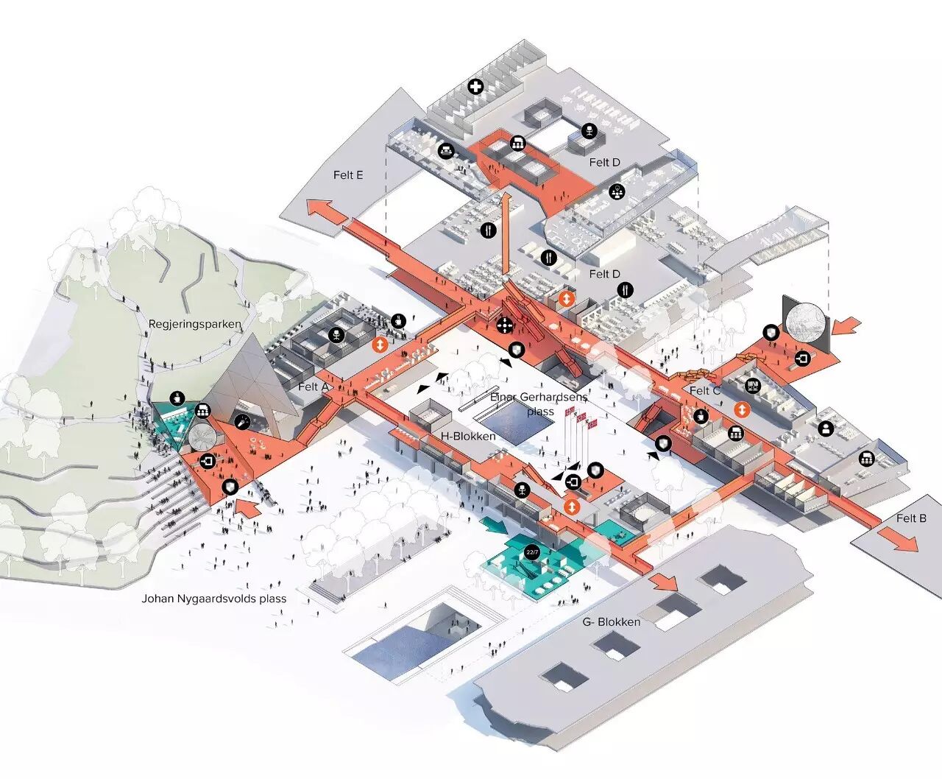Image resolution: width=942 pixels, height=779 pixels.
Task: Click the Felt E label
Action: click(x=348, y=175)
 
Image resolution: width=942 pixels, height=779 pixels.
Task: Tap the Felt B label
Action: click(x=911, y=518)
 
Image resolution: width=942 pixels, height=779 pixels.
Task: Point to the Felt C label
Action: click(x=704, y=391)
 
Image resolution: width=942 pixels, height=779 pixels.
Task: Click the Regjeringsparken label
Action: click(x=194, y=324)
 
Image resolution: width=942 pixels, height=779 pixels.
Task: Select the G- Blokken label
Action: click(x=611, y=621)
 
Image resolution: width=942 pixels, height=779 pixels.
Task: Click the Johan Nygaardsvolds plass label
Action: click(x=213, y=599)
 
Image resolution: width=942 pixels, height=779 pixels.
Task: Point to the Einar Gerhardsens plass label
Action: click(x=539, y=404)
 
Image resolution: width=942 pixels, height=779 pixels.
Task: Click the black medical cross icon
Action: click(x=477, y=87)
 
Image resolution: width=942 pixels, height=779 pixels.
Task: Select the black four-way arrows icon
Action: click(x=504, y=325)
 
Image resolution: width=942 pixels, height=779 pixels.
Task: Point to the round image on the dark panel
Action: click(x=807, y=320)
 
